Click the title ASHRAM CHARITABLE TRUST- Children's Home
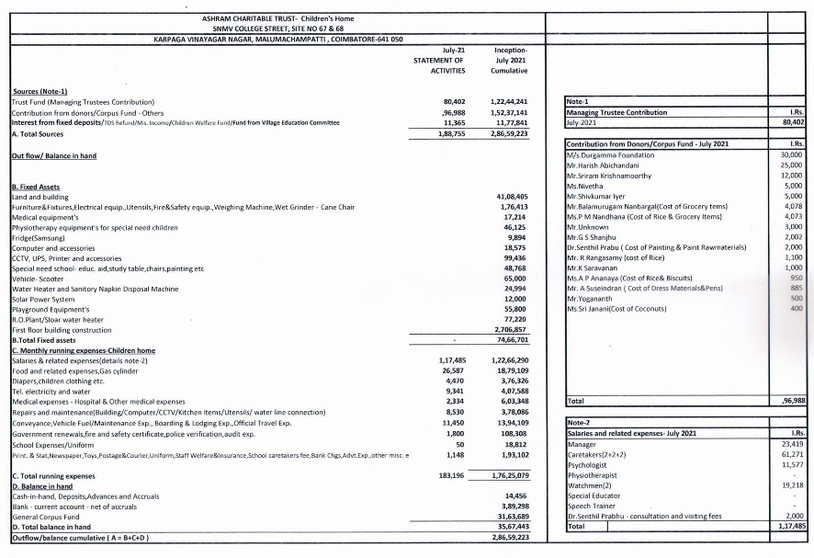coord(277,18)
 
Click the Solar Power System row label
coord(43,300)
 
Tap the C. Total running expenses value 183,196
coord(450,476)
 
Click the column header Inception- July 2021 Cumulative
coord(510,59)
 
